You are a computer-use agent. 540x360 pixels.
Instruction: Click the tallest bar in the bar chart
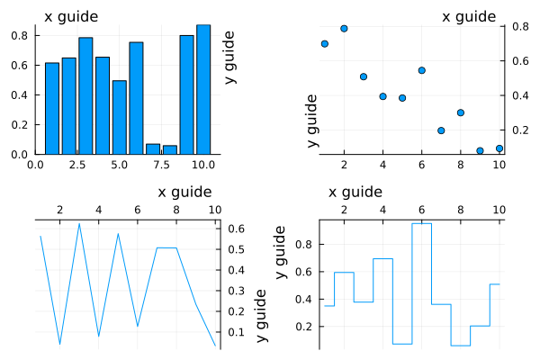point(203,89)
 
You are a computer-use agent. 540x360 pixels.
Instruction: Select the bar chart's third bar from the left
point(85,95)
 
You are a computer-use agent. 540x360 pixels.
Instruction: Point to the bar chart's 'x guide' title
point(72,17)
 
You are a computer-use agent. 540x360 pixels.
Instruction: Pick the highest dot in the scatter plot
point(344,29)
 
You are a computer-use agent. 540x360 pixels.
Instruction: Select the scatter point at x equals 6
point(421,70)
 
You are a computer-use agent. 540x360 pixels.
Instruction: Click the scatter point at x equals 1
point(324,43)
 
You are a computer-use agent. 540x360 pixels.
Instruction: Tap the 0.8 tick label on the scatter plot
point(518,27)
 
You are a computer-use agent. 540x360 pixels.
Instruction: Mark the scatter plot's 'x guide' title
point(469,17)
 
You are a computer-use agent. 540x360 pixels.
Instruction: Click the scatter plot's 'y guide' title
point(312,121)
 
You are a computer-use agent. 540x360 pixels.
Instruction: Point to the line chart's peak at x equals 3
point(79,223)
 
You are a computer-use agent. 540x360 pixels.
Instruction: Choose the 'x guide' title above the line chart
point(184,192)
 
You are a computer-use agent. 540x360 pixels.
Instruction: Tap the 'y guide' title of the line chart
point(261,315)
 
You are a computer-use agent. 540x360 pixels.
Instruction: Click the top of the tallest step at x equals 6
point(421,223)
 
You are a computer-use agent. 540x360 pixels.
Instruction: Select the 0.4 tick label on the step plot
point(307,299)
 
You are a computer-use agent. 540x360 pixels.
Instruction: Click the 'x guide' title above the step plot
point(355,192)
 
